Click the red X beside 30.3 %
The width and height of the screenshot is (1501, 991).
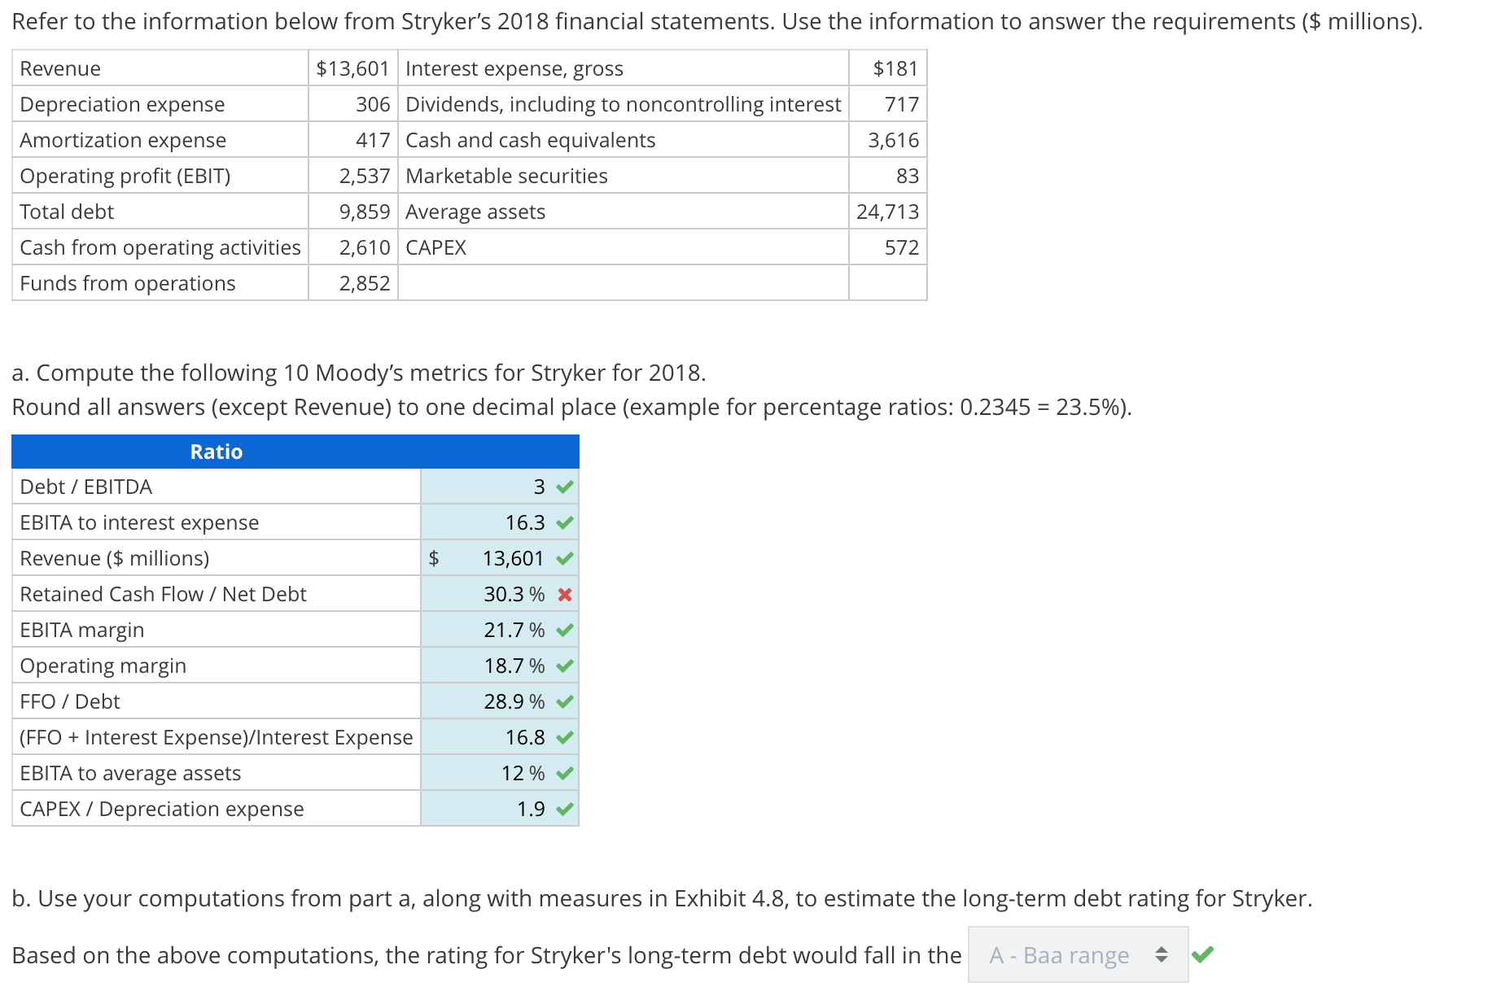[x=565, y=595]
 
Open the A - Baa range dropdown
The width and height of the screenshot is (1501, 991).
[x=1078, y=954]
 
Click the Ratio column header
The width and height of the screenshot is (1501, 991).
[x=216, y=452]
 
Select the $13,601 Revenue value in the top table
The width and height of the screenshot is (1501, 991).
[x=352, y=68]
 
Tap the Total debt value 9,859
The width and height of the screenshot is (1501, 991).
[x=365, y=212]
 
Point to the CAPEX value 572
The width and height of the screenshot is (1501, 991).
[x=901, y=247]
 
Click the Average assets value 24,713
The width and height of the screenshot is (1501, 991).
[x=887, y=212]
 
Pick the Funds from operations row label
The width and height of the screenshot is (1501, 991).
[x=128, y=283]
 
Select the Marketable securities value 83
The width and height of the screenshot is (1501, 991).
[x=907, y=176]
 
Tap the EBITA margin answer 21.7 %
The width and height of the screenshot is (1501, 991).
[x=514, y=630]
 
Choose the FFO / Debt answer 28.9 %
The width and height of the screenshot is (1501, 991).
[x=514, y=701]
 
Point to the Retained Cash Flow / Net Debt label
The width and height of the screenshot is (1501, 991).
[x=163, y=594]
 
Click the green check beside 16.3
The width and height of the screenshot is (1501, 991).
[x=565, y=522]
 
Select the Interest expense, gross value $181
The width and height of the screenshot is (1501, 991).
[x=895, y=68]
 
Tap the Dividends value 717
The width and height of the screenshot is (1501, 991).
[x=901, y=104]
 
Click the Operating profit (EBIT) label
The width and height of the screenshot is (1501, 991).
[x=125, y=176]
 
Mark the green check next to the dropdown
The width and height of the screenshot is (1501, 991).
[x=1202, y=954]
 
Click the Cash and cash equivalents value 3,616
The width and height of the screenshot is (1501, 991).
[x=893, y=140]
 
